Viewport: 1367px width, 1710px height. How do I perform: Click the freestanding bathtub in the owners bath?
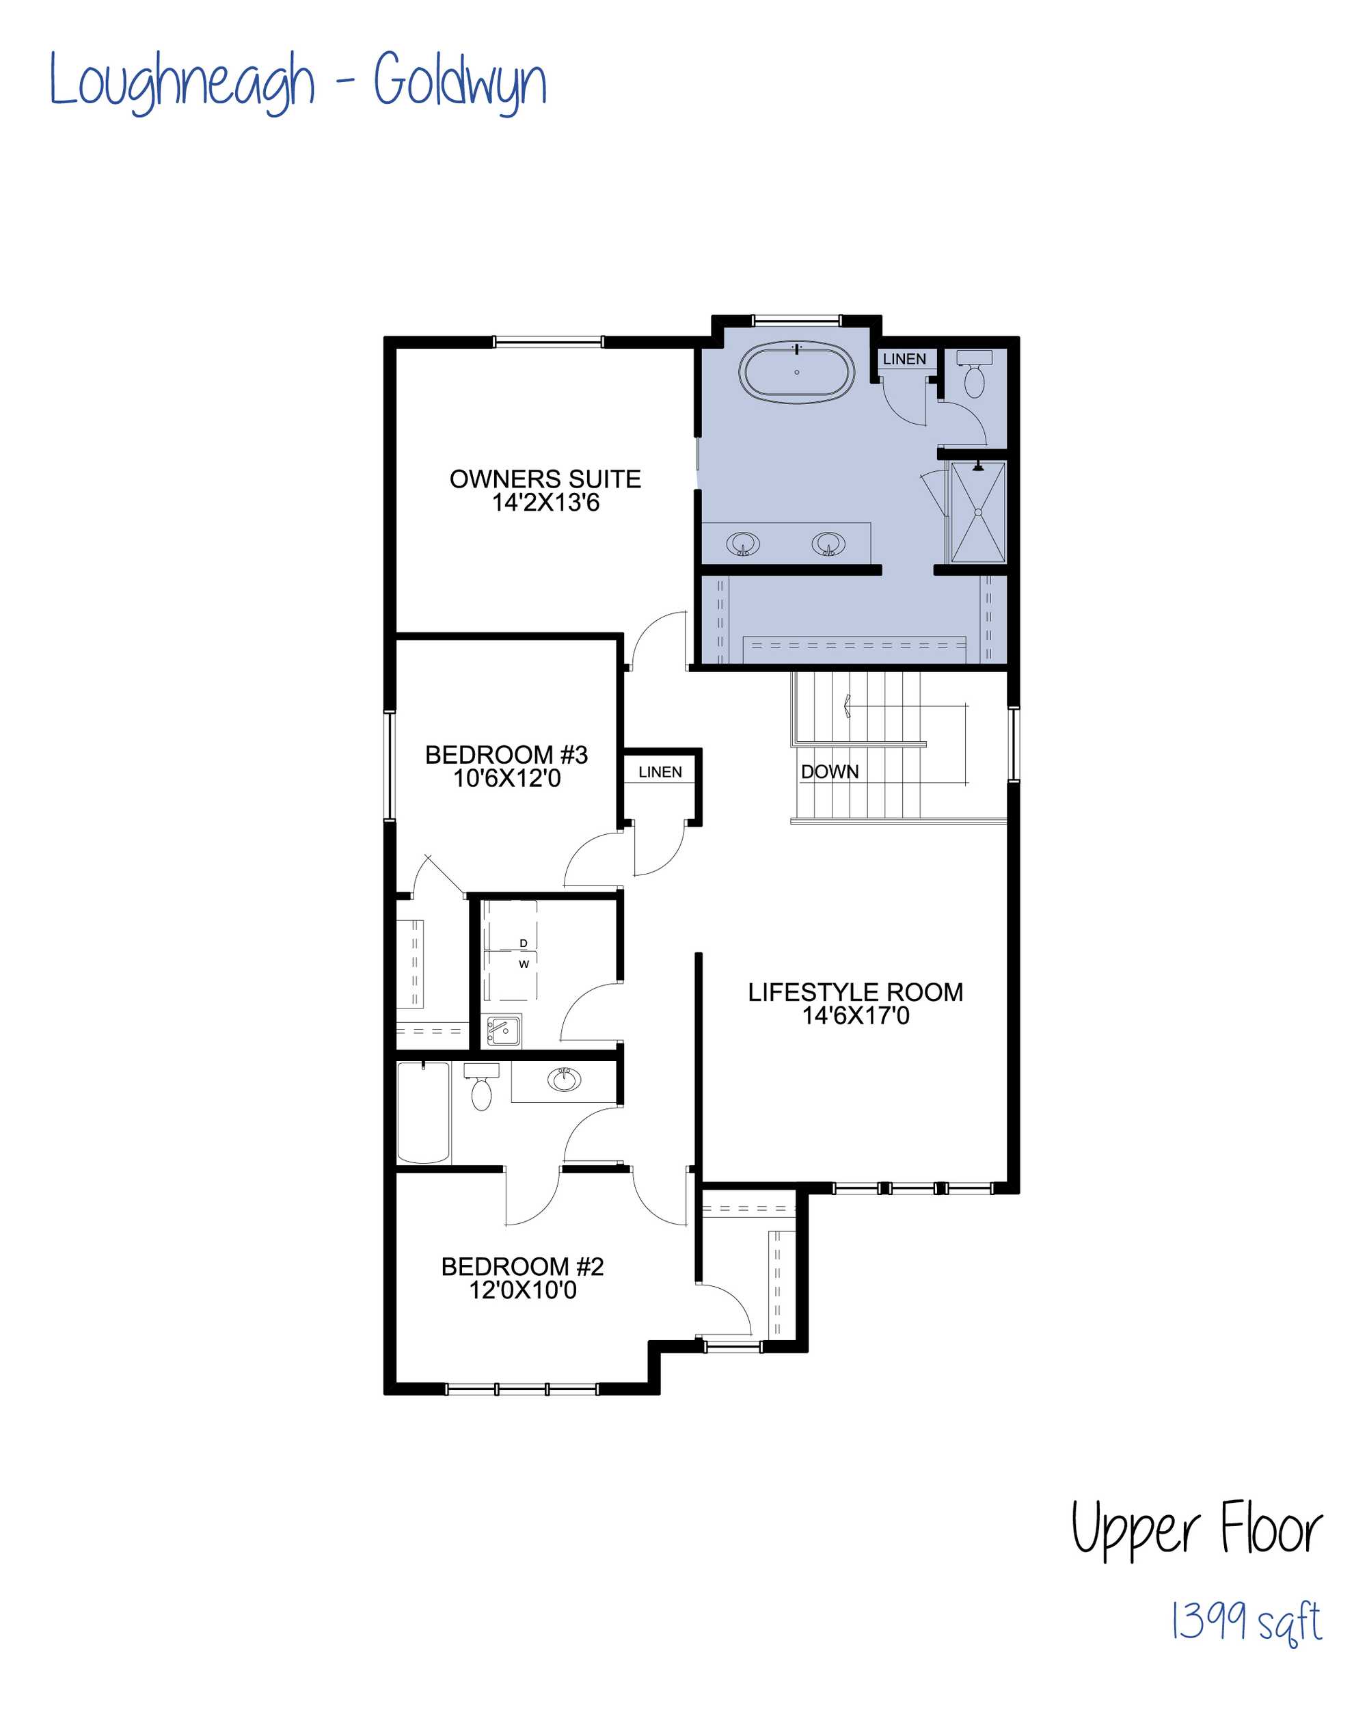click(796, 372)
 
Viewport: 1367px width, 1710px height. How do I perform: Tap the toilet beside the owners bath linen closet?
click(974, 375)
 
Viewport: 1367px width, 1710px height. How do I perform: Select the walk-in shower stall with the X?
click(977, 512)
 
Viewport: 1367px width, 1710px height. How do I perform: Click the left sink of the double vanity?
click(743, 545)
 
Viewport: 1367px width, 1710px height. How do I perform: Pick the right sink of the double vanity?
click(828, 545)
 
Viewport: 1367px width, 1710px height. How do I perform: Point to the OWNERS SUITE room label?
click(545, 491)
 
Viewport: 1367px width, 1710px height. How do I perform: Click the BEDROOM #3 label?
click(506, 766)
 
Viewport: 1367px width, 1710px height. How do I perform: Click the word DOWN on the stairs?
click(829, 772)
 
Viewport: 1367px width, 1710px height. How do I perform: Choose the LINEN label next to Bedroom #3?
click(660, 772)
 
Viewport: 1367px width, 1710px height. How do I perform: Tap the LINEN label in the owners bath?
click(904, 359)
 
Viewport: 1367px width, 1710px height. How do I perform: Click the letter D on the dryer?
click(524, 943)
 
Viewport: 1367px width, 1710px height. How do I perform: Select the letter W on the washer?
click(524, 965)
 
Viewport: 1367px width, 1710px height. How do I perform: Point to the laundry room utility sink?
click(502, 1030)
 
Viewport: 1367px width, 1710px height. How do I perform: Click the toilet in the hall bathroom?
click(481, 1087)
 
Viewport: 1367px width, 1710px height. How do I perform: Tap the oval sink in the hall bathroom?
click(565, 1080)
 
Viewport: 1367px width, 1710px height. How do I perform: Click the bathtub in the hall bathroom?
click(423, 1112)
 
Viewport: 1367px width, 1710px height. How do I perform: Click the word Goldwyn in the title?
click(460, 83)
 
